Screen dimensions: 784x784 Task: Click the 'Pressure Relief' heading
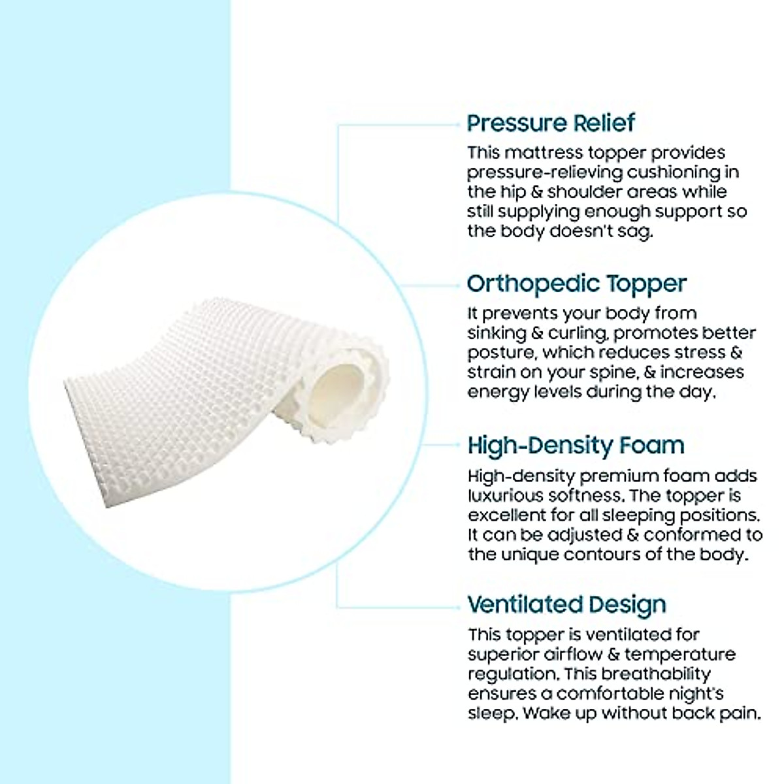[x=551, y=123]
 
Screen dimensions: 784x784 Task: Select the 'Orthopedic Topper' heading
[x=576, y=284]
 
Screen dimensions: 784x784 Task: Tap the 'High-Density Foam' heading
[x=576, y=446]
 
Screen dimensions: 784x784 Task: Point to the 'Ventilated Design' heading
[x=566, y=605]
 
